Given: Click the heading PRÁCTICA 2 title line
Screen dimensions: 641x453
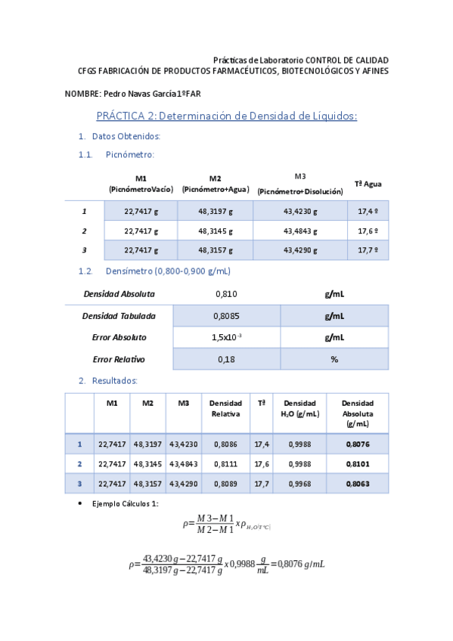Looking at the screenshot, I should pos(226,116).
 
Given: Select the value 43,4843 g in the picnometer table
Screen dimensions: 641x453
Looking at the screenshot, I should pos(300,231).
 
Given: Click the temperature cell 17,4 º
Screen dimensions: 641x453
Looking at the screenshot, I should pos(368,212).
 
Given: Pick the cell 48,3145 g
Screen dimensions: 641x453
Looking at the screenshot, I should pos(216,231).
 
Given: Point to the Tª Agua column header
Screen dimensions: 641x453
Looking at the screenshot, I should pos(368,184).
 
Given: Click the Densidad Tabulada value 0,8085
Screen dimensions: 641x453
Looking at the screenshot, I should pos(227,316).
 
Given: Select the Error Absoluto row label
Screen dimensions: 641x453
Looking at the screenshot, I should pos(119,337).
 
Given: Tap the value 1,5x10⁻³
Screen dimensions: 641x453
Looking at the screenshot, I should pos(227,337).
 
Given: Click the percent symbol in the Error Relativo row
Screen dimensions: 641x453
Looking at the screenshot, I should pos(334,359).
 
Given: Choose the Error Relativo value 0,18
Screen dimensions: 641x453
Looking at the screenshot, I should pos(226,359).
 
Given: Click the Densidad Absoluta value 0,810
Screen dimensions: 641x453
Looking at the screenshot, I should pos(226,293).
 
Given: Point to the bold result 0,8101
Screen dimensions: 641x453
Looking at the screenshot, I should pos(358,463).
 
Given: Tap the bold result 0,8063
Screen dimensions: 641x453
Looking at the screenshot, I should pos(358,483).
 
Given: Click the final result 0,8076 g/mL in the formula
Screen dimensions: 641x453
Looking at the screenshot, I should pos(300,562).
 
